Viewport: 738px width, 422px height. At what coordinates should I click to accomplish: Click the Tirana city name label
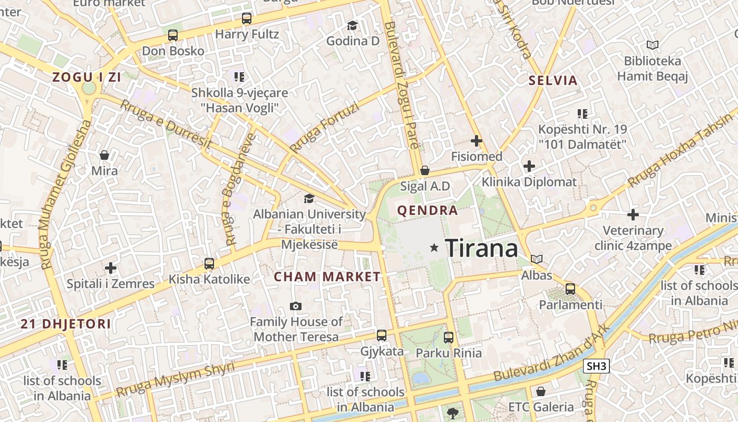[481, 248]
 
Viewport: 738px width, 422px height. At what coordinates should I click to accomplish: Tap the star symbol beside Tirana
[434, 247]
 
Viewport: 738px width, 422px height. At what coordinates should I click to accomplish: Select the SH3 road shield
[597, 366]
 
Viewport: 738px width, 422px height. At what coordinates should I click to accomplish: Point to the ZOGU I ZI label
[86, 78]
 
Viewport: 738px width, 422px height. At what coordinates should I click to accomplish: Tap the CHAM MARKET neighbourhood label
[327, 277]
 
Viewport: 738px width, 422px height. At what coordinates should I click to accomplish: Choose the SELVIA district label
[553, 81]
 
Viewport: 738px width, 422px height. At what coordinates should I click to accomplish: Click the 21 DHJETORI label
[66, 324]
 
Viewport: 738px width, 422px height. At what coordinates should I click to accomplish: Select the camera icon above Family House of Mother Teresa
[296, 306]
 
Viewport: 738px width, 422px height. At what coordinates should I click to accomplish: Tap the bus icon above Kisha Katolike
[209, 263]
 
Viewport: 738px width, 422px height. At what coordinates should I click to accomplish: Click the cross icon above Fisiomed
[477, 141]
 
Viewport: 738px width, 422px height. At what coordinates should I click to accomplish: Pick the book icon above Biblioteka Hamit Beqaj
[653, 45]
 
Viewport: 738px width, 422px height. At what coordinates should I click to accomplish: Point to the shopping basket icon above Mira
[104, 155]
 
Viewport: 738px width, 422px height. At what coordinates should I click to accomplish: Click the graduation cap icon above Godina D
[352, 25]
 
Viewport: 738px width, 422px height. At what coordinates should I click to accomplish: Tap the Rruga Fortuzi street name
[324, 128]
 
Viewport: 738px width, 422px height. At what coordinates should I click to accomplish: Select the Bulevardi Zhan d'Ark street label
[551, 353]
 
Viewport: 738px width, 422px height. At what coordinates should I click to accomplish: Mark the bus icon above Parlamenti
[570, 289]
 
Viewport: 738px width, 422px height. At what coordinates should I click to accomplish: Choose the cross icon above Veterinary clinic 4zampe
[633, 215]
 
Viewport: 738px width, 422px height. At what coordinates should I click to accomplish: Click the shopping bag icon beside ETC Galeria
[540, 391]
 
